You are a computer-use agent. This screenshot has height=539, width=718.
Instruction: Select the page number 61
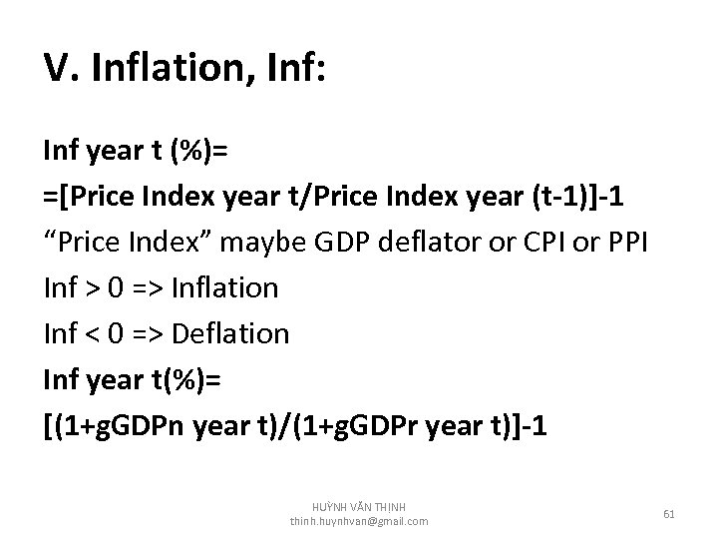tap(669, 513)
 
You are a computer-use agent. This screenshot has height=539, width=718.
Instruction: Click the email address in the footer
tap(359, 521)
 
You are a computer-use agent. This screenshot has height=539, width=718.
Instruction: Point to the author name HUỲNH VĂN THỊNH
tap(359, 507)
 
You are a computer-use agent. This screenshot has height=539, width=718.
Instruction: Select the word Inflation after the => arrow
tap(224, 289)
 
